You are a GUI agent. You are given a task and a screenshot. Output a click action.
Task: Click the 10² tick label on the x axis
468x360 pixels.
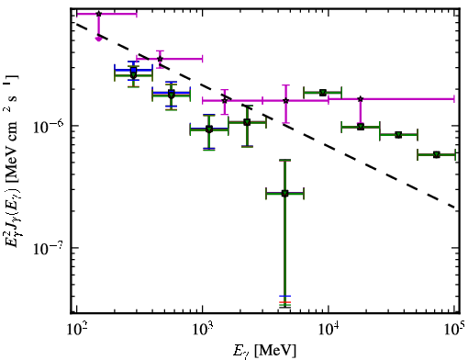click(77, 331)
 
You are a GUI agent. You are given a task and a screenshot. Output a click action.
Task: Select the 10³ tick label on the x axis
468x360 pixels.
click(203, 331)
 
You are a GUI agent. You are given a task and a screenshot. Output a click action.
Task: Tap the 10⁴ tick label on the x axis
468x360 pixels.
click(329, 331)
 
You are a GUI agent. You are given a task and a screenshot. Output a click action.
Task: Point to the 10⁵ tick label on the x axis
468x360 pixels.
click(455, 331)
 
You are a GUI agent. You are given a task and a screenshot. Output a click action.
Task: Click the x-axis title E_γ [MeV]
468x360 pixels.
click(264, 351)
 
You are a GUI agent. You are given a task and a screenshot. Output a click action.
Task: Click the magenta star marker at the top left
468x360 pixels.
click(98, 14)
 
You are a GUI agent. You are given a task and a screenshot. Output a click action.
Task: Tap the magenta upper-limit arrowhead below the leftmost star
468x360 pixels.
click(98, 39)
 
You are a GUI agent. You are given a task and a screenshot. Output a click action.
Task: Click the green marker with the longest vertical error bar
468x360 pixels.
click(284, 193)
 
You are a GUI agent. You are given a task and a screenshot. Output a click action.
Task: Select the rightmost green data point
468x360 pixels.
click(437, 154)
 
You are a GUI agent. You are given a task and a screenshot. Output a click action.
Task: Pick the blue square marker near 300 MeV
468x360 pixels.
click(133, 70)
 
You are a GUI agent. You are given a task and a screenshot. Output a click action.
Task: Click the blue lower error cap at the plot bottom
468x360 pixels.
click(284, 296)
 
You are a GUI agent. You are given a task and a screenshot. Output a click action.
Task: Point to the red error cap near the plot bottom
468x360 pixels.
click(284, 302)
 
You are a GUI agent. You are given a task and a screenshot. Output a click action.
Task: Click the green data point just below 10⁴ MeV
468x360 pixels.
click(322, 93)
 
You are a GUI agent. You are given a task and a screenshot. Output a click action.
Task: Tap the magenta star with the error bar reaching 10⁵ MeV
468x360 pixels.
click(361, 99)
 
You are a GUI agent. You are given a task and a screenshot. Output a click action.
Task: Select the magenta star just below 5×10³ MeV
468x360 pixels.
click(285, 100)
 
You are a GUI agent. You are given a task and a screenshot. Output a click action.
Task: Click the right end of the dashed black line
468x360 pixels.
click(456, 208)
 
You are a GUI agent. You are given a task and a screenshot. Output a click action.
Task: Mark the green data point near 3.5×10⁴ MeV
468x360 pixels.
click(398, 135)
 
